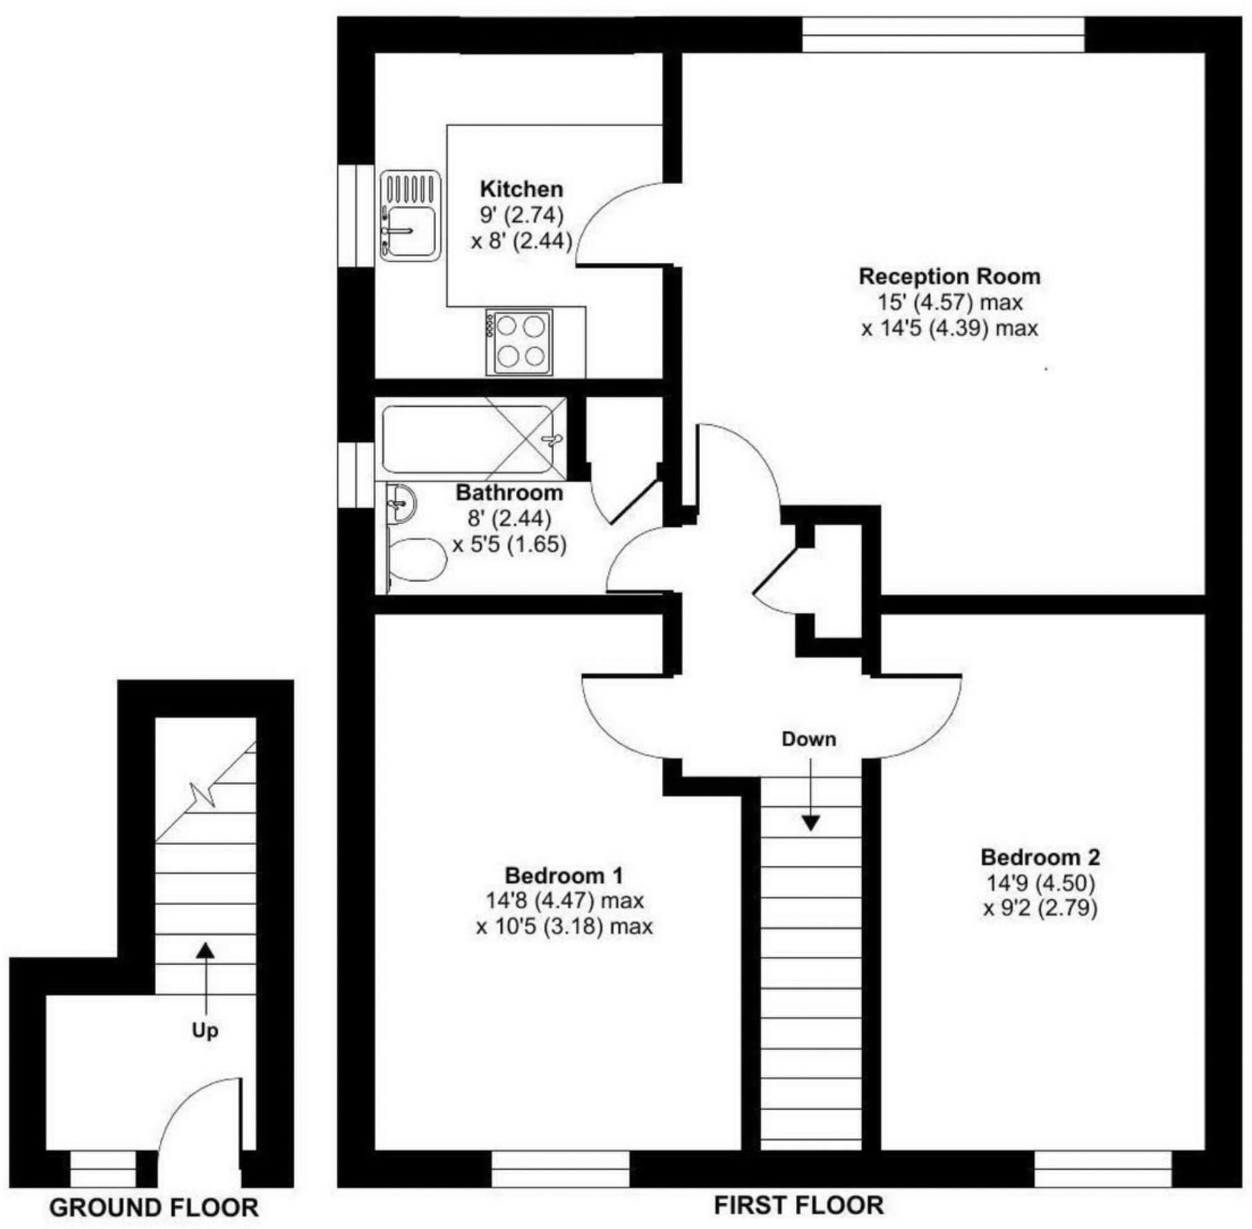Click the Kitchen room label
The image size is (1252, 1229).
tap(521, 189)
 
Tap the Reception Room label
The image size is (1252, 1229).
tap(949, 277)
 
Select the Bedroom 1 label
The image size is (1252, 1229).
tap(564, 875)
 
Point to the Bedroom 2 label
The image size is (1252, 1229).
tap(1040, 857)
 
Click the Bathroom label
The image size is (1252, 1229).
tap(509, 492)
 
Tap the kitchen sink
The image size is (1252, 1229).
tap(410, 215)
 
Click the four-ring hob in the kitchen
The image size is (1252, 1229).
tap(519, 342)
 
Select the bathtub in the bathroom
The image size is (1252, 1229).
tap(469, 439)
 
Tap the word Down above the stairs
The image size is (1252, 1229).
tap(808, 739)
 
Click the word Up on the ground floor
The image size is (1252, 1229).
tap(205, 1030)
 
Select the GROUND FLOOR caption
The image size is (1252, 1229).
tap(154, 1208)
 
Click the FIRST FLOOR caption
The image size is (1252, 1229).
tap(798, 1206)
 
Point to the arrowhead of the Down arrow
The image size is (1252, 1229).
tap(811, 823)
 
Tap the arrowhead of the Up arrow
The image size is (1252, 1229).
tap(205, 951)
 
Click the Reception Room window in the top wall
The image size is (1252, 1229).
tap(943, 34)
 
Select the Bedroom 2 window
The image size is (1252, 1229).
tap(1102, 1168)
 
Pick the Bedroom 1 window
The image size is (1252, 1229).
tap(560, 1168)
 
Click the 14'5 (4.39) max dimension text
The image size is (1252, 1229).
tap(949, 328)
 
